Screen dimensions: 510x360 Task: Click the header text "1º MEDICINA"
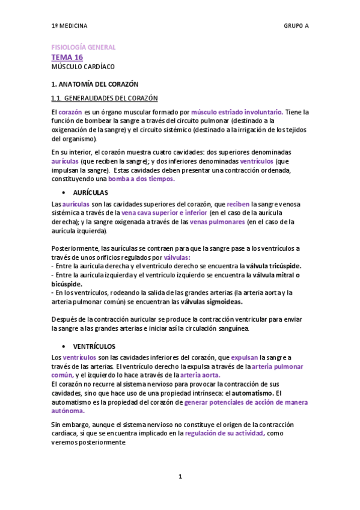coord(69,26)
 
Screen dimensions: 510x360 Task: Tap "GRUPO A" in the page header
coord(297,26)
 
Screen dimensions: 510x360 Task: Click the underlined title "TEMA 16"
coord(67,57)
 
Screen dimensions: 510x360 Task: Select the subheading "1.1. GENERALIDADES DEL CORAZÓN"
coord(105,99)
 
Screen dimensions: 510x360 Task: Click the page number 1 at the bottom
coord(180,477)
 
